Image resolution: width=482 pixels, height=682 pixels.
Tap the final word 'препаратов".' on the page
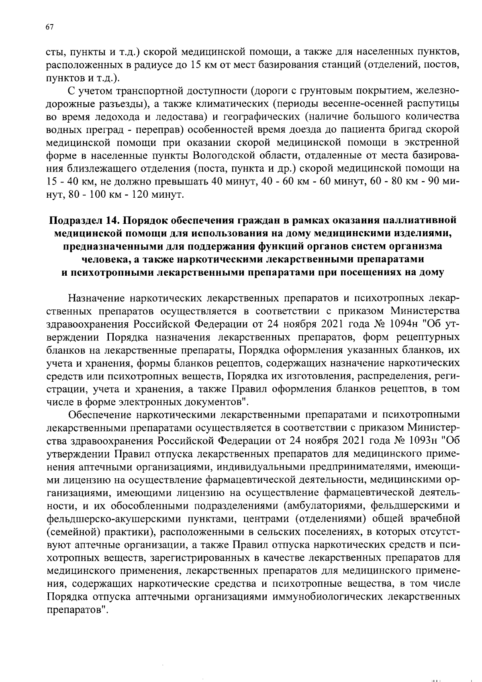pos(78,609)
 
